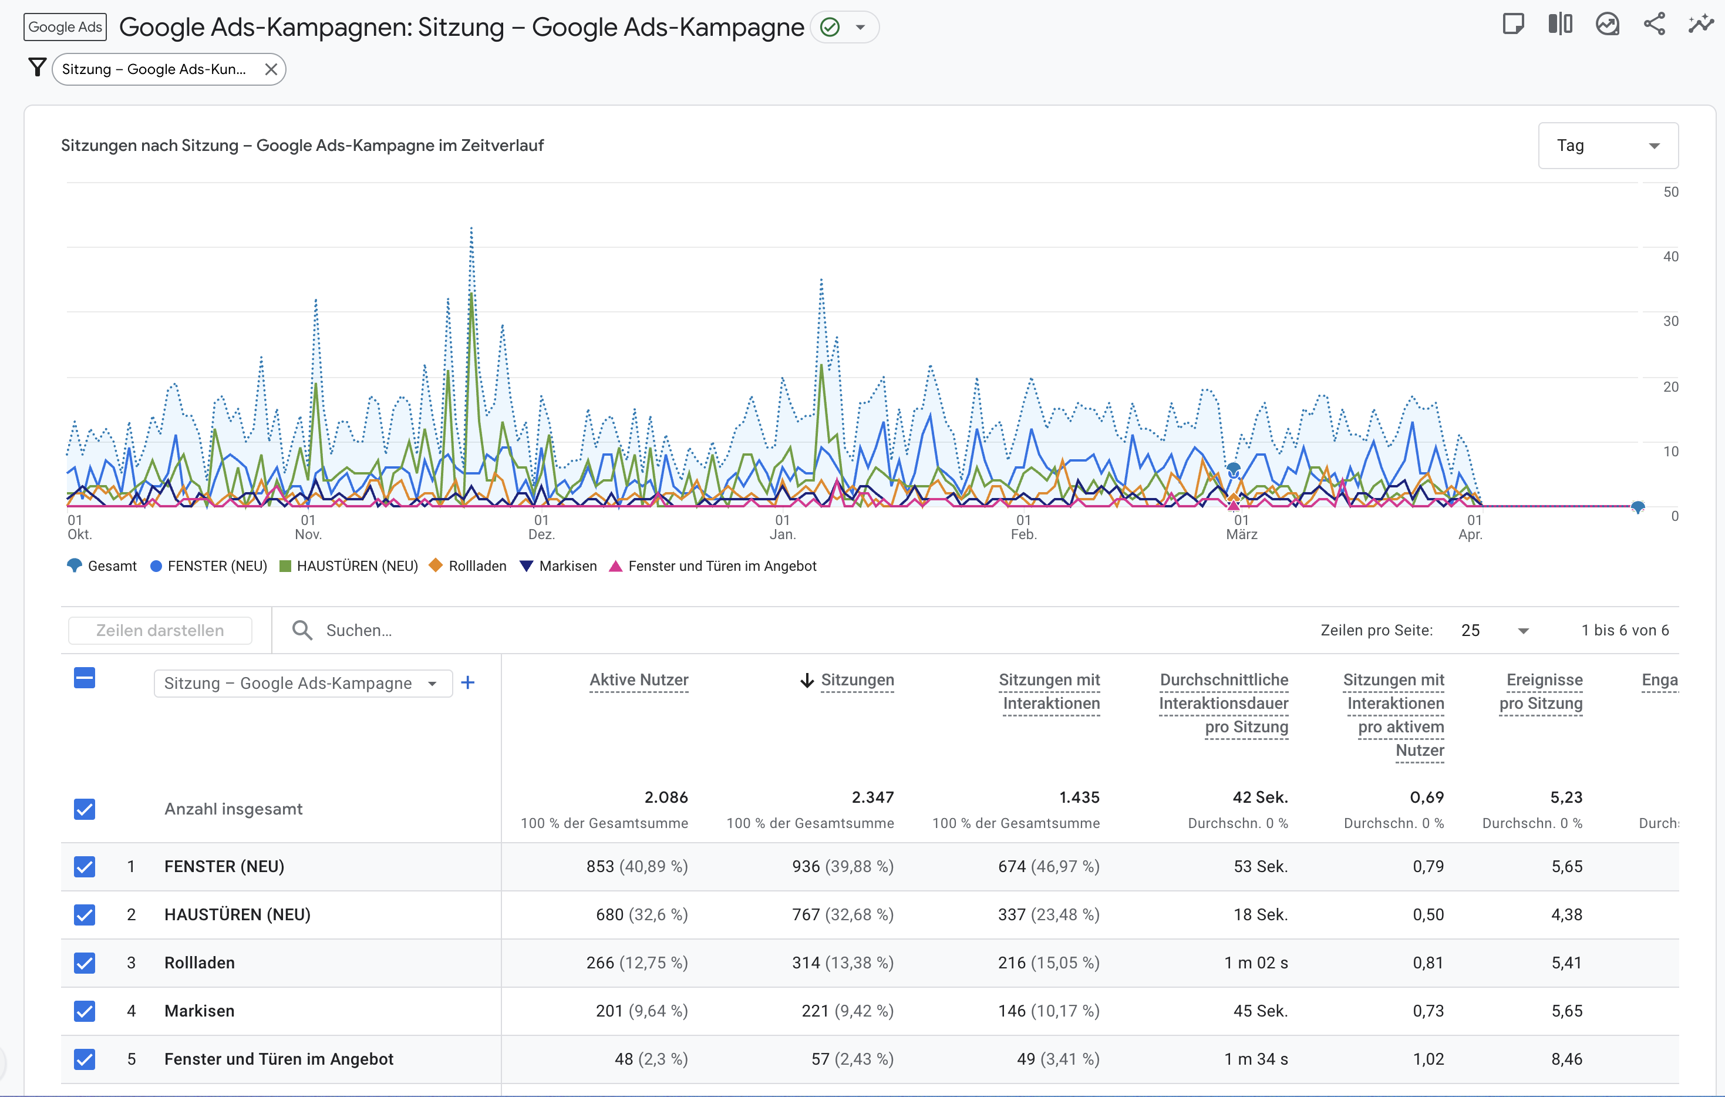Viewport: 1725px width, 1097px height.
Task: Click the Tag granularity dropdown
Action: (x=1607, y=146)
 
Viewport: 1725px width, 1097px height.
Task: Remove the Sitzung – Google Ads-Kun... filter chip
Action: (x=271, y=69)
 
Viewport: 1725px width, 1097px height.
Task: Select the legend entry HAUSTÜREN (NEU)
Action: (x=349, y=566)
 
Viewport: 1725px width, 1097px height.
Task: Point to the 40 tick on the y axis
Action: (x=1670, y=257)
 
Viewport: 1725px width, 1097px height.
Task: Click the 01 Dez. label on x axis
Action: (x=541, y=527)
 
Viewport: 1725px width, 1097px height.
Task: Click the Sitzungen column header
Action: (x=856, y=680)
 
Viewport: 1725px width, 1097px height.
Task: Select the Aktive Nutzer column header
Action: (x=638, y=680)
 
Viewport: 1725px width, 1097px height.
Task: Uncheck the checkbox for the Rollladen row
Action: (x=85, y=963)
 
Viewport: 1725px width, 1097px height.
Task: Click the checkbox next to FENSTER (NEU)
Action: (x=85, y=867)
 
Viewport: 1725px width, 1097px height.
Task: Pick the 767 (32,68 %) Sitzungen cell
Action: (x=843, y=915)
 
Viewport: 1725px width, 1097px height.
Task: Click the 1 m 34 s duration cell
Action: (x=1255, y=1059)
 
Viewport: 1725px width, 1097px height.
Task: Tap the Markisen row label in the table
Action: (x=199, y=1011)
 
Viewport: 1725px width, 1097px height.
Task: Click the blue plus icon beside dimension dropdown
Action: (x=468, y=683)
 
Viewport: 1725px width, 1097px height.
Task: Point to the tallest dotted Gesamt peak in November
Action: (x=471, y=229)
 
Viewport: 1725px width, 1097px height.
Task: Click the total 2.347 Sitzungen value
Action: (x=872, y=797)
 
